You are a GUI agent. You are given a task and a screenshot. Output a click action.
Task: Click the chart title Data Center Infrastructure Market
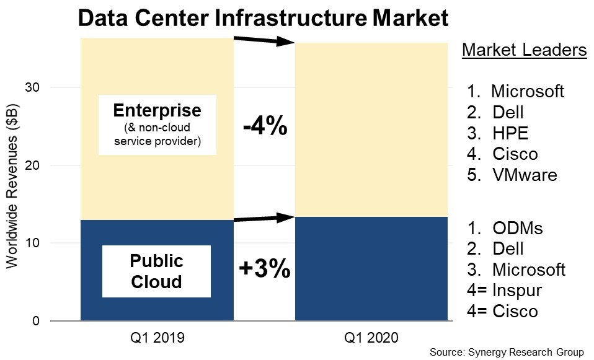pyautogui.click(x=262, y=18)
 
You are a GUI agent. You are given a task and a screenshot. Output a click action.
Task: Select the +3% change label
pyautogui.click(x=264, y=268)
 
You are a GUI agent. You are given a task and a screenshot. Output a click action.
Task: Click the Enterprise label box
pyautogui.click(x=157, y=125)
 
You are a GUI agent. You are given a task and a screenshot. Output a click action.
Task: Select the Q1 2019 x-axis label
pyautogui.click(x=157, y=338)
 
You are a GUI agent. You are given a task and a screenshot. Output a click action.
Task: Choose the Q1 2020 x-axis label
pyautogui.click(x=372, y=338)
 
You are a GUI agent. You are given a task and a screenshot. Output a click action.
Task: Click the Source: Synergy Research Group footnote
pyautogui.click(x=507, y=352)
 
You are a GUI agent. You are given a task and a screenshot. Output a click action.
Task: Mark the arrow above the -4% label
pyautogui.click(x=264, y=41)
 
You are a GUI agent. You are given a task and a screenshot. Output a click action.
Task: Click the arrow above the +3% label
pyautogui.click(x=264, y=218)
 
